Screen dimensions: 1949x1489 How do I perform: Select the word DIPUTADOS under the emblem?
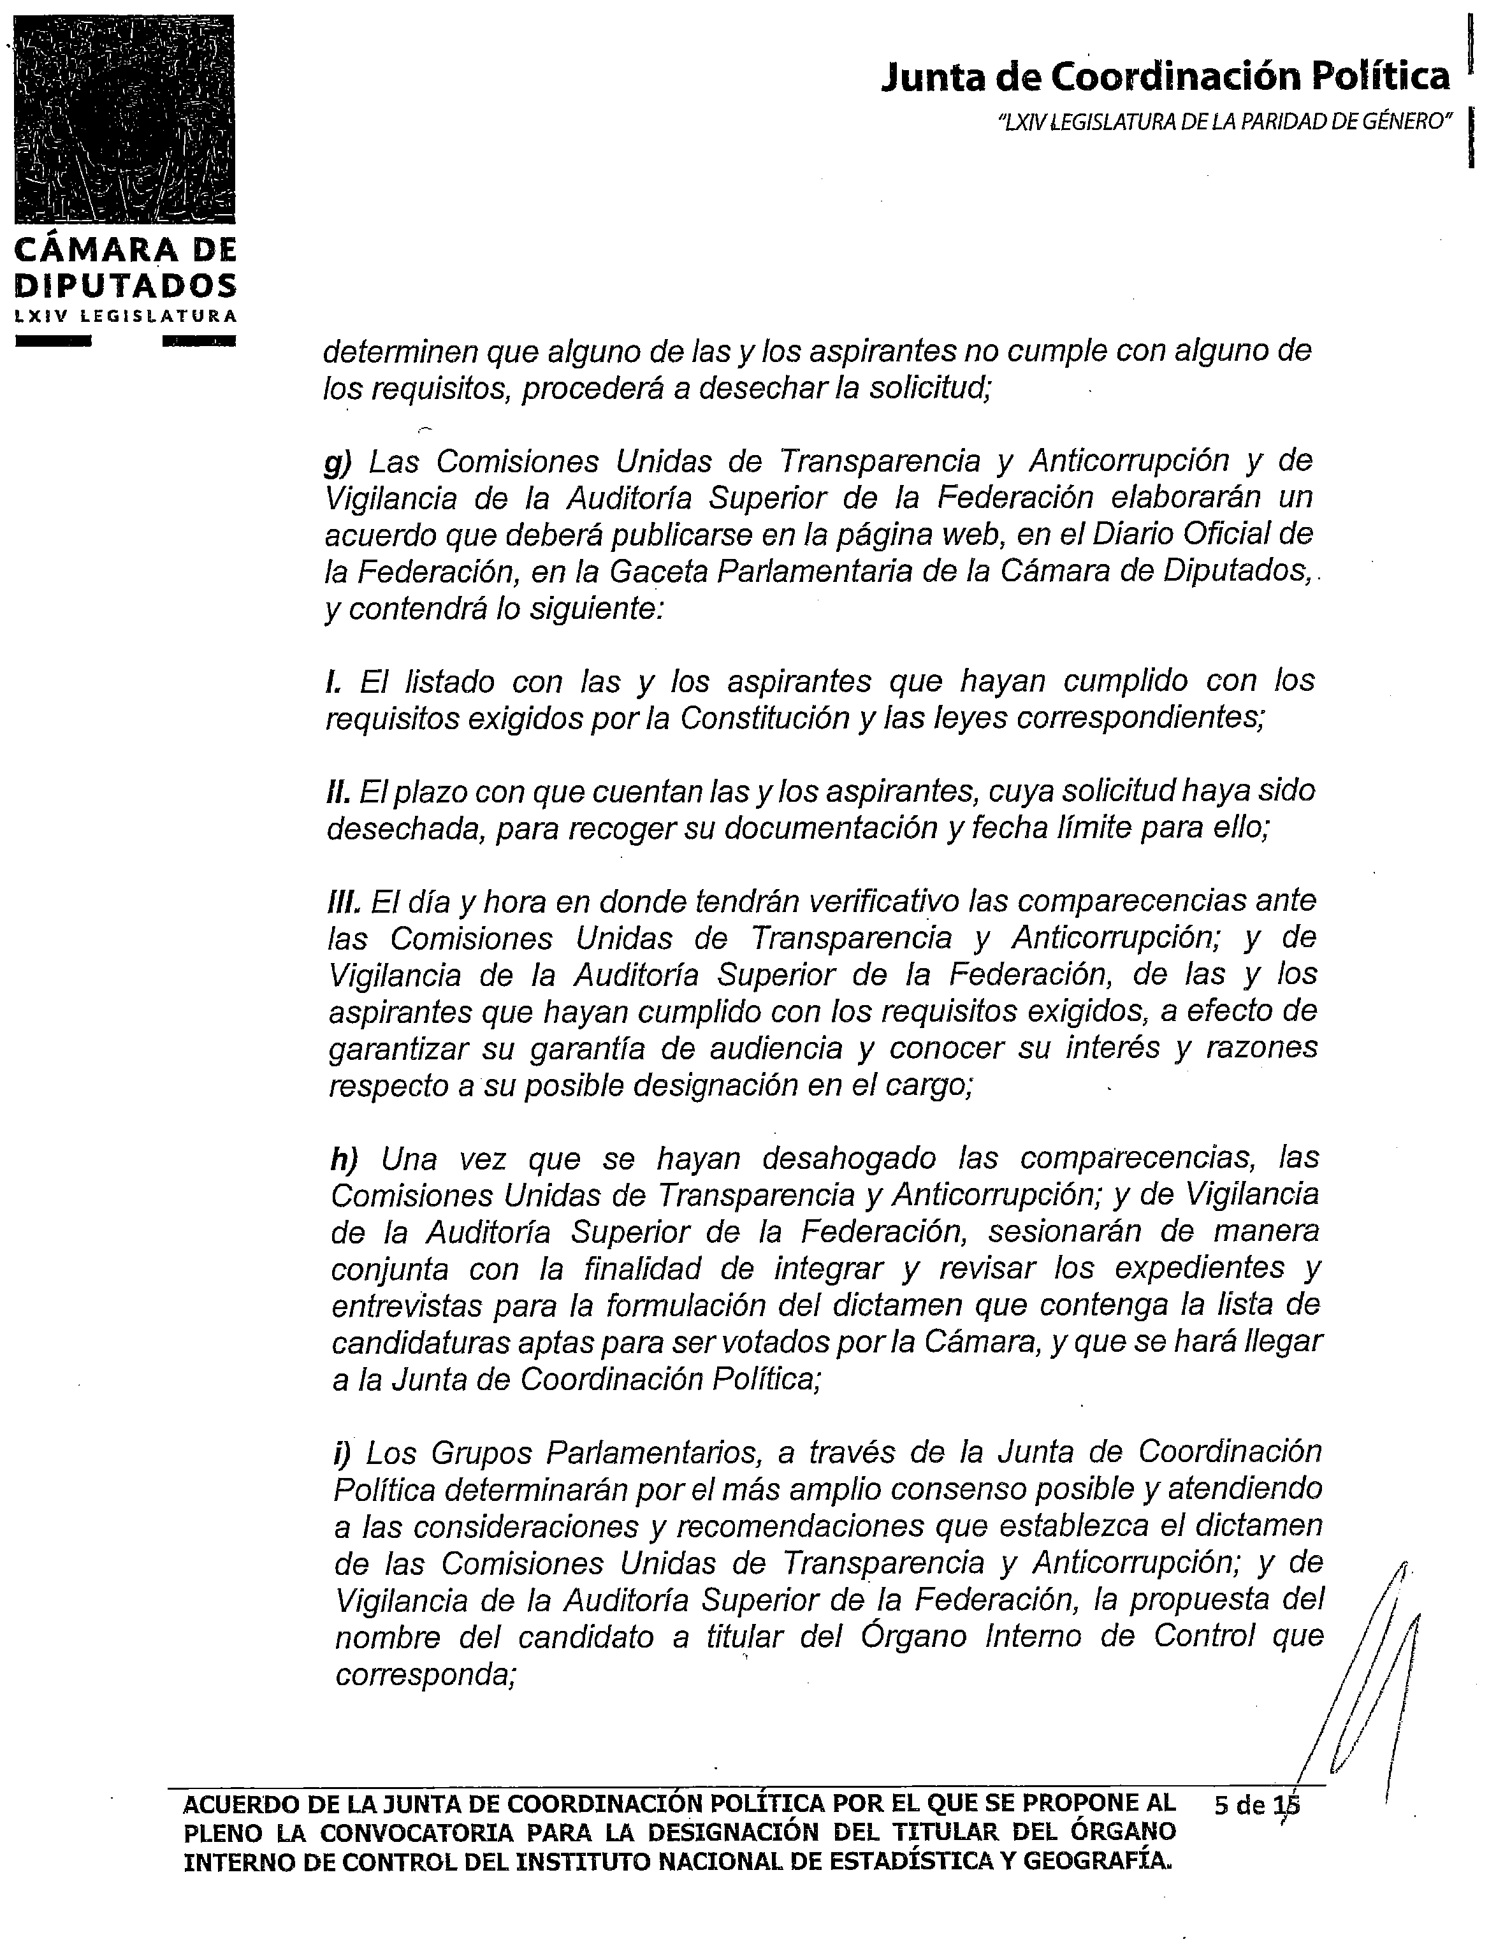(x=126, y=286)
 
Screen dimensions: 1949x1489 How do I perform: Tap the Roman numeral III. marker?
(x=345, y=901)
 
